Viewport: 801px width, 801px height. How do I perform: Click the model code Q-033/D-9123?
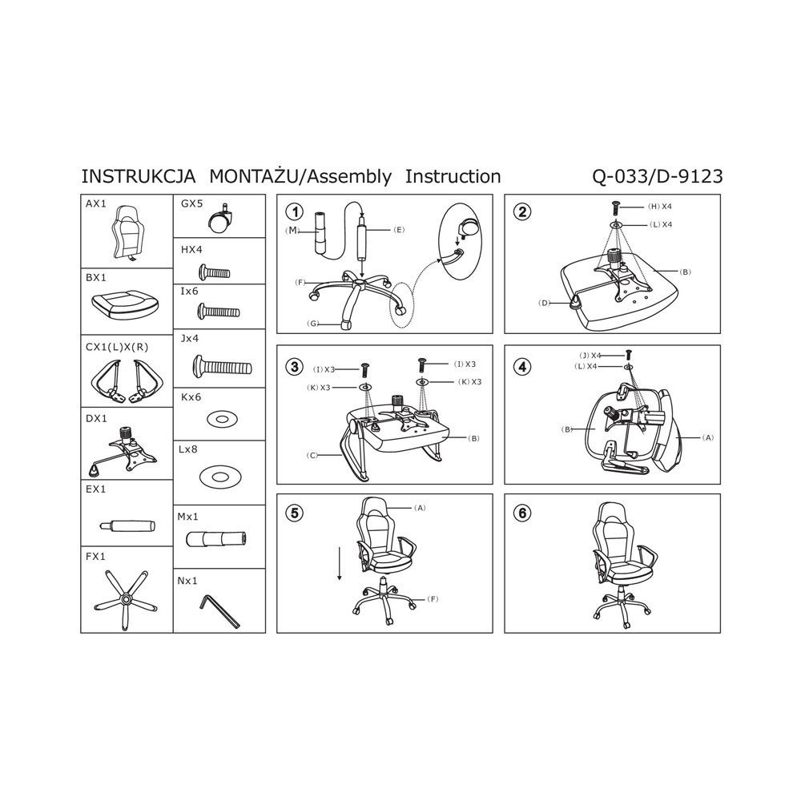click(658, 177)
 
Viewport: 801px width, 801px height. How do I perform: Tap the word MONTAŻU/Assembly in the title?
click(300, 177)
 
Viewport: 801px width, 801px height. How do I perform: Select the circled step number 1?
click(294, 211)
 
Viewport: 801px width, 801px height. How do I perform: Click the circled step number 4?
click(522, 366)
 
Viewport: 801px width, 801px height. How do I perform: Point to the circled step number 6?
click(522, 513)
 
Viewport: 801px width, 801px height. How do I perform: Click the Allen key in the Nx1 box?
click(219, 610)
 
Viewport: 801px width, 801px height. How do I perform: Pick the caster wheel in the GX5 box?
click(220, 219)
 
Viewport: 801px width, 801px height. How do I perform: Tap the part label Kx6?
click(191, 397)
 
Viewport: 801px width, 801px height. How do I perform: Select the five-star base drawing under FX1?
click(126, 599)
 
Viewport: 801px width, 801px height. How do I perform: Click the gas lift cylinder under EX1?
click(127, 525)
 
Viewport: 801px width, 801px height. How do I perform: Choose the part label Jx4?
click(190, 338)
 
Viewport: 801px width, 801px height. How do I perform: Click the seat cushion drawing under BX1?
click(125, 304)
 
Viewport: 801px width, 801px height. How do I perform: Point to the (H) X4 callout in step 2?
click(660, 207)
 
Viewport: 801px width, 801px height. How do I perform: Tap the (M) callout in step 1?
click(292, 231)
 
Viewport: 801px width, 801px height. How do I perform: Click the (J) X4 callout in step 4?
click(590, 355)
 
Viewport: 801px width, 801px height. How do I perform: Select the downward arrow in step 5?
click(339, 563)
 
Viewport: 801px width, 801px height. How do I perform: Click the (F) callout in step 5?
click(433, 598)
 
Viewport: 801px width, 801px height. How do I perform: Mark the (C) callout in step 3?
click(312, 455)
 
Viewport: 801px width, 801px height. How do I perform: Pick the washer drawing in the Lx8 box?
click(219, 477)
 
